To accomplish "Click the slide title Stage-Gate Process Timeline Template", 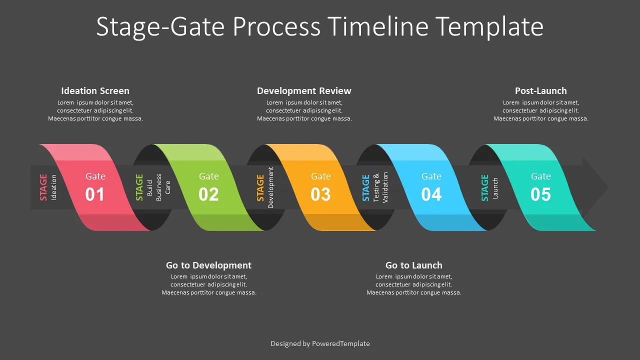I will (x=319, y=26).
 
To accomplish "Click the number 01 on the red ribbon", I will (x=94, y=194).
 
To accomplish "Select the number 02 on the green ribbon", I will (x=208, y=194).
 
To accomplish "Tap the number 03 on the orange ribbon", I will (x=320, y=194).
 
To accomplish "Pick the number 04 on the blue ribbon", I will (x=431, y=194).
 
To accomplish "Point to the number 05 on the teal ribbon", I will (x=540, y=194).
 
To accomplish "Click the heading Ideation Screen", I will (x=95, y=91).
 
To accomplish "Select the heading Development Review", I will (x=304, y=91).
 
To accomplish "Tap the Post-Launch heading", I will (x=540, y=91).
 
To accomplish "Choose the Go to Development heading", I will (x=208, y=265).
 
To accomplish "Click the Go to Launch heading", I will (x=413, y=265).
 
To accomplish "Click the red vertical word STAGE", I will (x=43, y=187).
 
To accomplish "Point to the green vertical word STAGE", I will (x=139, y=187).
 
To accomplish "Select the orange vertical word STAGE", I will (x=260, y=187).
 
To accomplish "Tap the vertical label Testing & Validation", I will (x=380, y=187).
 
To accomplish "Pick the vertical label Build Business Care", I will (x=158, y=187).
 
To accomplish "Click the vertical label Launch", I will (x=495, y=187).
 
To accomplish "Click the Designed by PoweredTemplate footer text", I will (x=320, y=343).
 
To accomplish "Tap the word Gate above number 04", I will (x=431, y=176).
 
